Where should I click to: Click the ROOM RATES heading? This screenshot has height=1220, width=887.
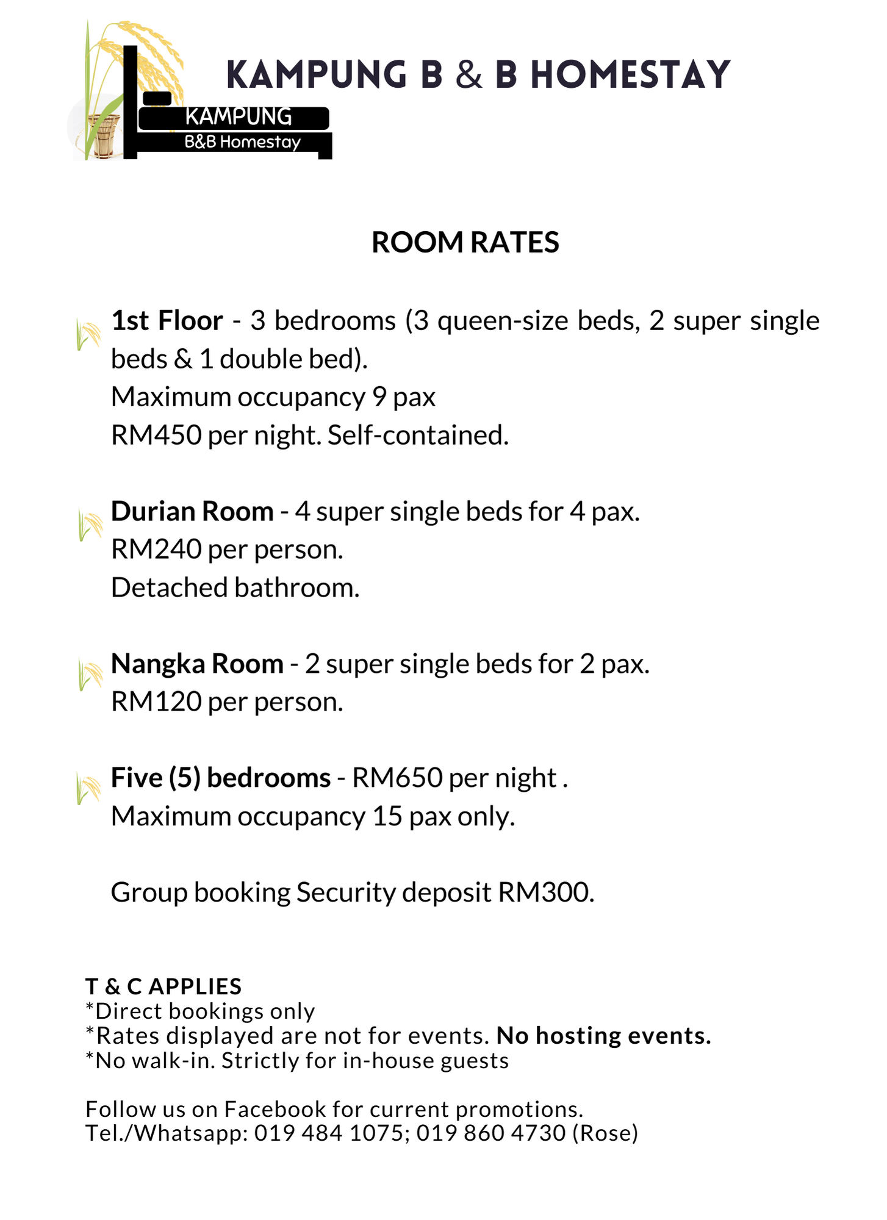465,242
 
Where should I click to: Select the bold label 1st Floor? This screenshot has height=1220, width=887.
167,321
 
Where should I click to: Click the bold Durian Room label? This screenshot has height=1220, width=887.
192,511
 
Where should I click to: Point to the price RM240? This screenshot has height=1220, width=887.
156,550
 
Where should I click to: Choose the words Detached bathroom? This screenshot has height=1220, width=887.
235,588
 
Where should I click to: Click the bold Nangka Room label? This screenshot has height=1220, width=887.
197,664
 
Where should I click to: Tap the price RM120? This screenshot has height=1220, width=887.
156,702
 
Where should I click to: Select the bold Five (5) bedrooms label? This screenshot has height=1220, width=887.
220,778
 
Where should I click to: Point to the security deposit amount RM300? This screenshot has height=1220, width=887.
545,892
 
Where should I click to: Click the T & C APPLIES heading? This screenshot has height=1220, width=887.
163,986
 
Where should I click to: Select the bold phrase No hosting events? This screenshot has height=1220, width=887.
603,1036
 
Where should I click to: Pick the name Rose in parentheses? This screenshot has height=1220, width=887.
605,1133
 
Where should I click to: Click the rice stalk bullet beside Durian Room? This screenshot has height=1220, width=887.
90,525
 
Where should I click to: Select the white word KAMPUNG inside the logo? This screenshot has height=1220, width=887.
238,117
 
